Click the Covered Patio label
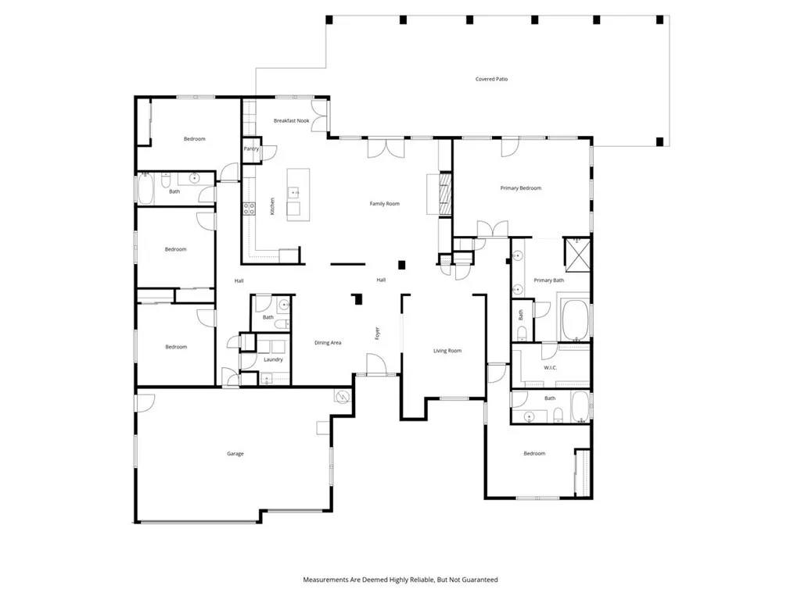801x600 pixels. pyautogui.click(x=491, y=79)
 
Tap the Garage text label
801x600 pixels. pyautogui.click(x=235, y=453)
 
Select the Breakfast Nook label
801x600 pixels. pyautogui.click(x=291, y=121)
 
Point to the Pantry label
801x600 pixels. pyautogui.click(x=251, y=148)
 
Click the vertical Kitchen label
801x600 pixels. pyautogui.click(x=272, y=207)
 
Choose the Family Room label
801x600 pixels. pyautogui.click(x=385, y=204)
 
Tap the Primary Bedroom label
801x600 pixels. pyautogui.click(x=521, y=188)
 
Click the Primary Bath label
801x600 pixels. pyautogui.click(x=548, y=280)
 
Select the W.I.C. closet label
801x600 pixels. pyautogui.click(x=550, y=367)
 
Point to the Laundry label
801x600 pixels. pyautogui.click(x=273, y=359)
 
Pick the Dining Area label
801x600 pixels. pyautogui.click(x=328, y=342)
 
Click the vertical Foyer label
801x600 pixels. pyautogui.click(x=378, y=333)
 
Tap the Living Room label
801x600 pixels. pyautogui.click(x=447, y=351)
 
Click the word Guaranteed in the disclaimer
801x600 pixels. pyautogui.click(x=480, y=580)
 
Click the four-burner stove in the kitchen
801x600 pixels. pyautogui.click(x=250, y=208)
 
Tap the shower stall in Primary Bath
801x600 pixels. pyautogui.click(x=577, y=252)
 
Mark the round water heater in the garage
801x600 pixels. pyautogui.click(x=340, y=397)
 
